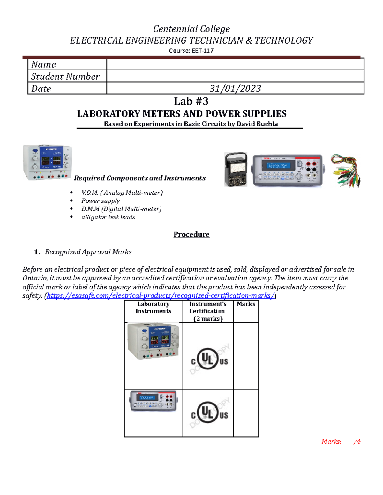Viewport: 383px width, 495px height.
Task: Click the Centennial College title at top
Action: coord(191,29)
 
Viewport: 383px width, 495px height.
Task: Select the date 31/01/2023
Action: coord(235,88)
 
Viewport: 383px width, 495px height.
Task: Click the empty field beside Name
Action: coord(235,64)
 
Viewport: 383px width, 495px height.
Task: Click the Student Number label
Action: coord(65,76)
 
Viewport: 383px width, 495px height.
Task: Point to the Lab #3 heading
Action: coord(191,101)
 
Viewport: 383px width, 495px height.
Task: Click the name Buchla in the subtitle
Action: coord(267,124)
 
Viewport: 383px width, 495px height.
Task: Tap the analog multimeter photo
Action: coord(236,169)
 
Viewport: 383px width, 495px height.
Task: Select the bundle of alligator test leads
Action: coord(346,171)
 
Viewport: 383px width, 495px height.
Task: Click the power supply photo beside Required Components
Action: coord(48,163)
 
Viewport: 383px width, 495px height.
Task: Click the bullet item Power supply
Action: coord(101,201)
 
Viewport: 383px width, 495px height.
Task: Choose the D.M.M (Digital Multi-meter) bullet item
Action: coord(121,209)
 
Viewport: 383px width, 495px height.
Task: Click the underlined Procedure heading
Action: coord(191,234)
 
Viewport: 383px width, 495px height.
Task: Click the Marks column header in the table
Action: coord(246,304)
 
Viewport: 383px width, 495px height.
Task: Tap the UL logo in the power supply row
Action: coord(209,359)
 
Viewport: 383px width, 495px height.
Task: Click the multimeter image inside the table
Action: coord(153,401)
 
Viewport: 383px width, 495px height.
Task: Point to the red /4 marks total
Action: coord(357,441)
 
